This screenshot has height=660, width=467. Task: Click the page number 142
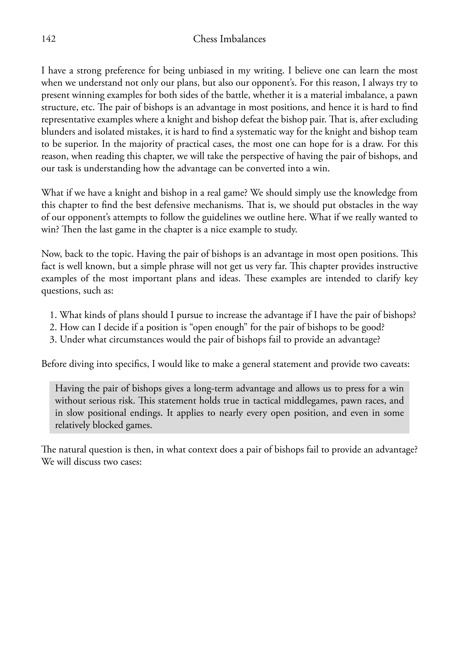(x=49, y=39)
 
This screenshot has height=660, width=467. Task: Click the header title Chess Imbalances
(x=229, y=39)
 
